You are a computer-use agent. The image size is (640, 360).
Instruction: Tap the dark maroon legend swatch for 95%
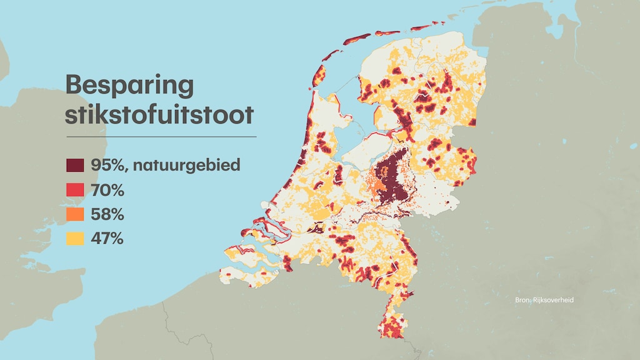coord(75,166)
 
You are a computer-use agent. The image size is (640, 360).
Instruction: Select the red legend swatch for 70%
coord(75,189)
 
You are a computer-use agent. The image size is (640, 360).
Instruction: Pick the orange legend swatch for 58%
coord(75,214)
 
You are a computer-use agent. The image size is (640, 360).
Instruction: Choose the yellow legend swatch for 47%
coord(75,238)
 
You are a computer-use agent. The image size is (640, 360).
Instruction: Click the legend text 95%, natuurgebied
coord(165,166)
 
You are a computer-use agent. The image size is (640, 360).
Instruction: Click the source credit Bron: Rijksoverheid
coord(544,300)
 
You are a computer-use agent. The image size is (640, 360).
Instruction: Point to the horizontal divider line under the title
coord(161,136)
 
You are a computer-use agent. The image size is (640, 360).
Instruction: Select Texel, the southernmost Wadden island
coord(318,77)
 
